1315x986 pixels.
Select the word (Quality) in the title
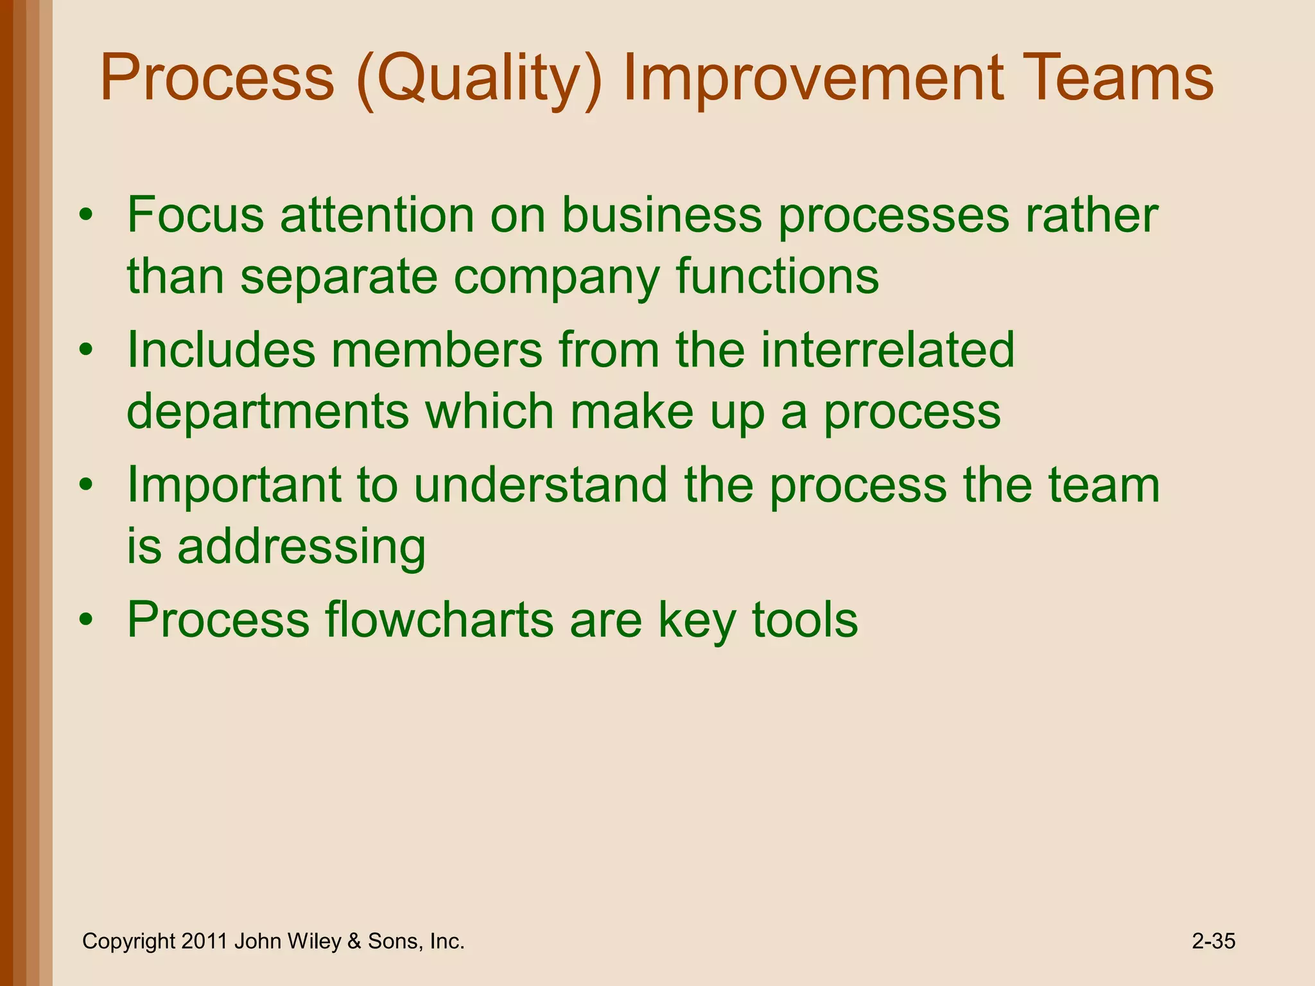(x=478, y=80)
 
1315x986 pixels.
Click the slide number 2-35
(x=1214, y=941)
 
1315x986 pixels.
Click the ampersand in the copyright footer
(x=354, y=942)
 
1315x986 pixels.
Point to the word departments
(x=268, y=413)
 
